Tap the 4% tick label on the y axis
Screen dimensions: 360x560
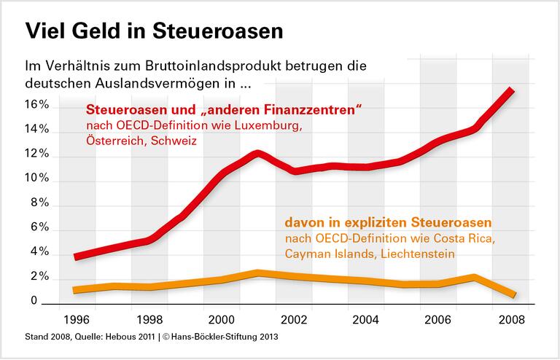(39, 252)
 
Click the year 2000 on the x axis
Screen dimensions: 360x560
(221, 318)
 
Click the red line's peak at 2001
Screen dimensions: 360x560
(257, 154)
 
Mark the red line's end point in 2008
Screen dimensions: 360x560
(513, 90)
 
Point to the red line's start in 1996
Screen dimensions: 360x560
(77, 257)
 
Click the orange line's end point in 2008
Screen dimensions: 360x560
(513, 294)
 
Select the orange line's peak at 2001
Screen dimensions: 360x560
(257, 273)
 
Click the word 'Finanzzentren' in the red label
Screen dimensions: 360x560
(316, 111)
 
